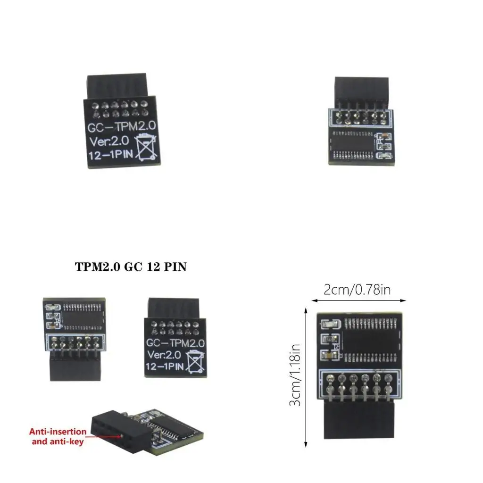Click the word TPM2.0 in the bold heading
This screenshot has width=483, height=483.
tap(98, 267)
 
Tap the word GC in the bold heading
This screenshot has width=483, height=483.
tap(133, 267)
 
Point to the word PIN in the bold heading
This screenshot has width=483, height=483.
tap(175, 267)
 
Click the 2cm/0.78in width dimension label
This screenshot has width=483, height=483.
tap(357, 290)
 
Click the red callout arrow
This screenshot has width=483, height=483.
tap(104, 436)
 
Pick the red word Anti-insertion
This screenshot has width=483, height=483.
tap(58, 431)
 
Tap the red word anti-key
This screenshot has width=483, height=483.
tap(70, 441)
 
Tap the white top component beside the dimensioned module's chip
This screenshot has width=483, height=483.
tap(326, 324)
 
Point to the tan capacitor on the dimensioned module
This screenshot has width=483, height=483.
tap(326, 355)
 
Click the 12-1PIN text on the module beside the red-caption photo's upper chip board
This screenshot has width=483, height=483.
tap(165, 366)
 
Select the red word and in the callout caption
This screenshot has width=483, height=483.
tap(39, 441)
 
